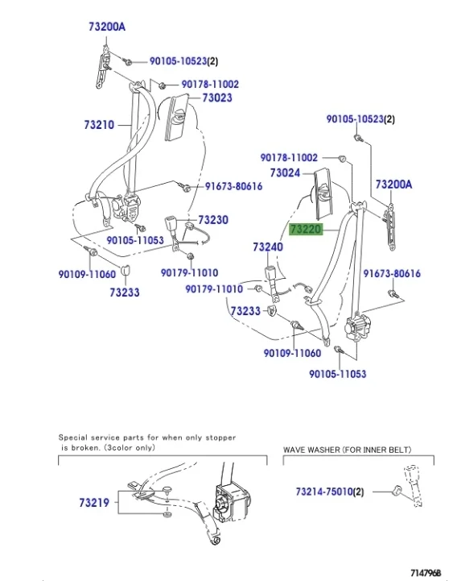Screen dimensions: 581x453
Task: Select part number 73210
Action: point(98,125)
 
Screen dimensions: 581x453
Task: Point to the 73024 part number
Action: point(285,172)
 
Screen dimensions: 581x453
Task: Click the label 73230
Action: point(213,220)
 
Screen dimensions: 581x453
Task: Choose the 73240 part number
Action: point(267,247)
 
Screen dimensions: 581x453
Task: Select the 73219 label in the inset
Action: point(94,503)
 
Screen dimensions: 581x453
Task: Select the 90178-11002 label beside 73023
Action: point(209,84)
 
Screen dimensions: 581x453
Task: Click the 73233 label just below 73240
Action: point(245,311)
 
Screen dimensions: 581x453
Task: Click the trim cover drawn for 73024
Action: point(326,193)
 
